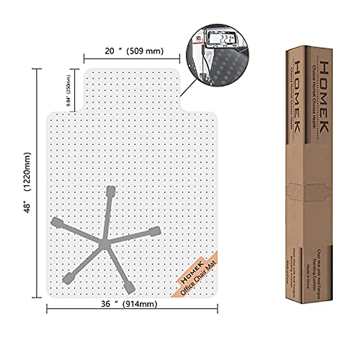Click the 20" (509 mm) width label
(x=134, y=51)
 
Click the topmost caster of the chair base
(x=110, y=191)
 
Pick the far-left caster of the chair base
(x=56, y=223)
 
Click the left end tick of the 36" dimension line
(x=47, y=309)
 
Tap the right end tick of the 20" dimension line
(x=179, y=57)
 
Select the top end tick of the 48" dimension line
(x=37, y=69)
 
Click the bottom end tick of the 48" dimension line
(x=37, y=297)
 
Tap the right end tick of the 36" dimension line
(x=217, y=309)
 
